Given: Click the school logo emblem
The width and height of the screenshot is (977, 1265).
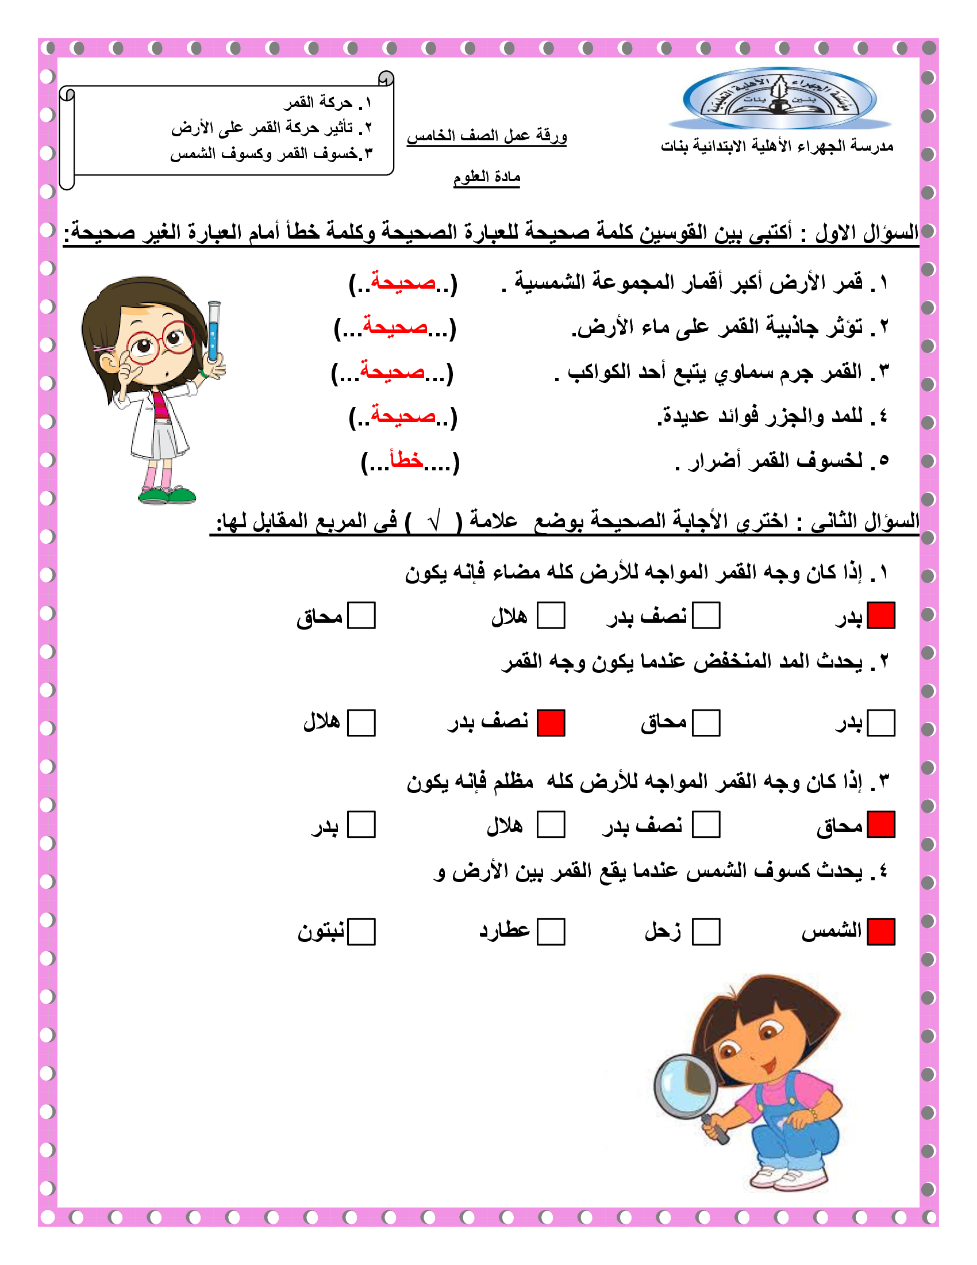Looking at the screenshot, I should coord(779,98).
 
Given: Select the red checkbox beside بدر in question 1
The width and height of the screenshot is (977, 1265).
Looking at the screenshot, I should coord(881,615).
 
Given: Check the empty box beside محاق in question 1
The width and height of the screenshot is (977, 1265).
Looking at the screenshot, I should coord(361,615).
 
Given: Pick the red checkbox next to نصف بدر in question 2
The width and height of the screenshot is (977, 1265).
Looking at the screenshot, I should coord(551,723).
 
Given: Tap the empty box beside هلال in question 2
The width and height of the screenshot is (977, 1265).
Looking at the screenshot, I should coord(361,723).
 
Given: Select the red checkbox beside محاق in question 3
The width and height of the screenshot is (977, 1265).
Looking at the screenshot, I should coord(881,824).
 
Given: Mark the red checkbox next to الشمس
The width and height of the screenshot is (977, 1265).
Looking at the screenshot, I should coord(881,932).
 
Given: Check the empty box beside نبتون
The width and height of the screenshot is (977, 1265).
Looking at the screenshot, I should coord(361,932).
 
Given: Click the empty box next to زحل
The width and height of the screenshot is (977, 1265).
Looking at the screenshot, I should coord(706,932).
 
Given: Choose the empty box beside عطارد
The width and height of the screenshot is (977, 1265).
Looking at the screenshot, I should coord(551,932).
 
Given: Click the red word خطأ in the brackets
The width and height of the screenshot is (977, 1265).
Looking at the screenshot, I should coord(406,461).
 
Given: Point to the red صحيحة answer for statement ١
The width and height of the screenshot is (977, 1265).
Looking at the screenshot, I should coord(403,282).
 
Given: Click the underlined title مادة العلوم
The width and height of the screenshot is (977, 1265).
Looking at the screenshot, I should coord(487,177).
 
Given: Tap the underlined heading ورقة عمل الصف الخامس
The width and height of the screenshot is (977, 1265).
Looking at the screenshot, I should coord(487,136).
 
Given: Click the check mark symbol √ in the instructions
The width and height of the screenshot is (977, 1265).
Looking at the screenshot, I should coord(434,521).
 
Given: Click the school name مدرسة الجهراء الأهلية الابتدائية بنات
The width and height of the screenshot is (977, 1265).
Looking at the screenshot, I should coord(778,147).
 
